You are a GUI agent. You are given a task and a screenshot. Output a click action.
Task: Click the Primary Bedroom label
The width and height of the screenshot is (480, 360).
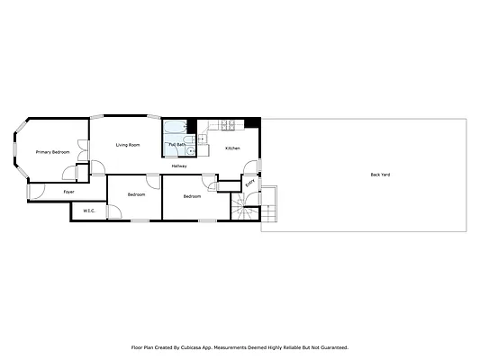(x=52, y=152)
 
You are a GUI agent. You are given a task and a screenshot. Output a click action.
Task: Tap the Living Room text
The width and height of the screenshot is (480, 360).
(x=127, y=145)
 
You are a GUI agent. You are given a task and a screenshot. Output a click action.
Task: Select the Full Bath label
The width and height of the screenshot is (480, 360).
(x=176, y=145)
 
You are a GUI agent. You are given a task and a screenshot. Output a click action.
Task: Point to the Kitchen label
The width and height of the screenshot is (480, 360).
(x=232, y=148)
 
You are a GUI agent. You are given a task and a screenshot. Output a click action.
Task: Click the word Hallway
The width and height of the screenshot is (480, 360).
(x=179, y=166)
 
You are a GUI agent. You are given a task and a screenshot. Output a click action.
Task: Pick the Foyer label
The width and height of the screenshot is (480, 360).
(x=68, y=192)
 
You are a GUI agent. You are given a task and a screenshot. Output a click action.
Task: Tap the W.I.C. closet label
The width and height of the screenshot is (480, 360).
(x=89, y=211)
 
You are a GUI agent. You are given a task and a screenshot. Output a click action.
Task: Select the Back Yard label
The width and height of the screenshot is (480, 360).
(x=380, y=175)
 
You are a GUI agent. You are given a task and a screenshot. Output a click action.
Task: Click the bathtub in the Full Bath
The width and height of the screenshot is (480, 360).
(x=176, y=127)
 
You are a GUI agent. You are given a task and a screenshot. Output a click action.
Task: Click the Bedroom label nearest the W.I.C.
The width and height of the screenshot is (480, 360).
(x=136, y=194)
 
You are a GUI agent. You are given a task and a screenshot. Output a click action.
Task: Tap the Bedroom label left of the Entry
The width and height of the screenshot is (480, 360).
(x=192, y=196)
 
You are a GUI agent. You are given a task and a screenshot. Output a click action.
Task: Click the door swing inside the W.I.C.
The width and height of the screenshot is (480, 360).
(x=114, y=211)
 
